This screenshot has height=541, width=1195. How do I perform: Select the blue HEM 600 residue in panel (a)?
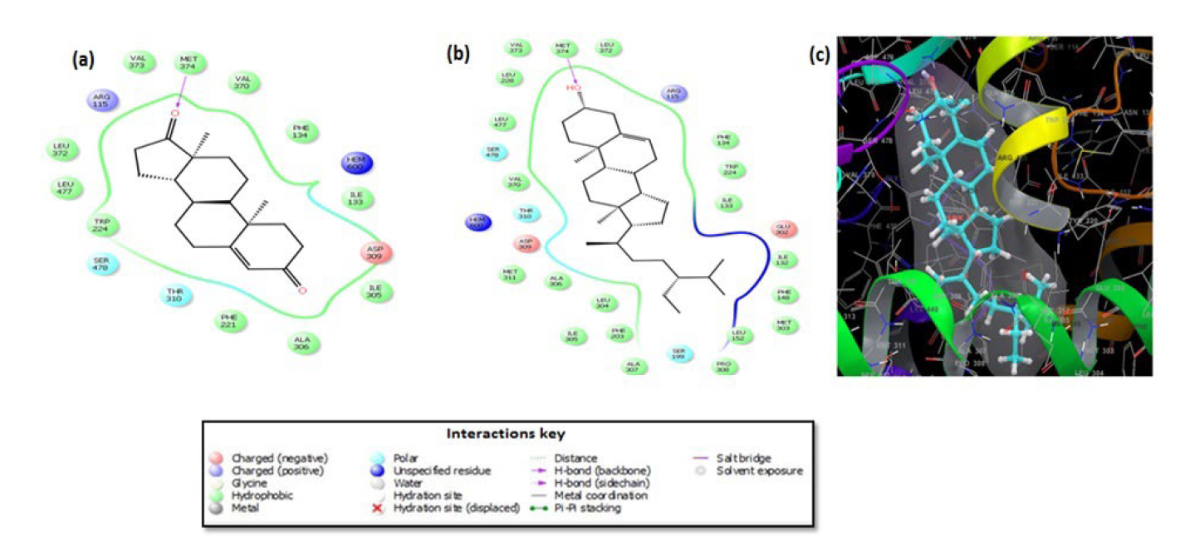tap(355, 162)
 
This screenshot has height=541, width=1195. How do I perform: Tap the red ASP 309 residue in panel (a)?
tap(376, 253)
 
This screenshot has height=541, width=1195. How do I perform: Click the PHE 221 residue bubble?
tap(228, 320)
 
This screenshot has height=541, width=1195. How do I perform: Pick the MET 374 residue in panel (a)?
tap(190, 64)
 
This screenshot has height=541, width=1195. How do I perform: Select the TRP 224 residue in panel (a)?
tap(105, 225)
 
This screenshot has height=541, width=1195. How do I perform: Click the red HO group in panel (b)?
tap(571, 86)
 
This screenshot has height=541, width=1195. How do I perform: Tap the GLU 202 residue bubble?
tap(781, 229)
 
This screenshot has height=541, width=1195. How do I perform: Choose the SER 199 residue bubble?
tap(679, 354)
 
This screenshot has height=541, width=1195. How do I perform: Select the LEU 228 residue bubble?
tap(507, 77)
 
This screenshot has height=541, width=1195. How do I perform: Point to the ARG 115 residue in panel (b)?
tap(673, 94)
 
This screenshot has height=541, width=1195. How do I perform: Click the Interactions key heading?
tap(506, 434)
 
